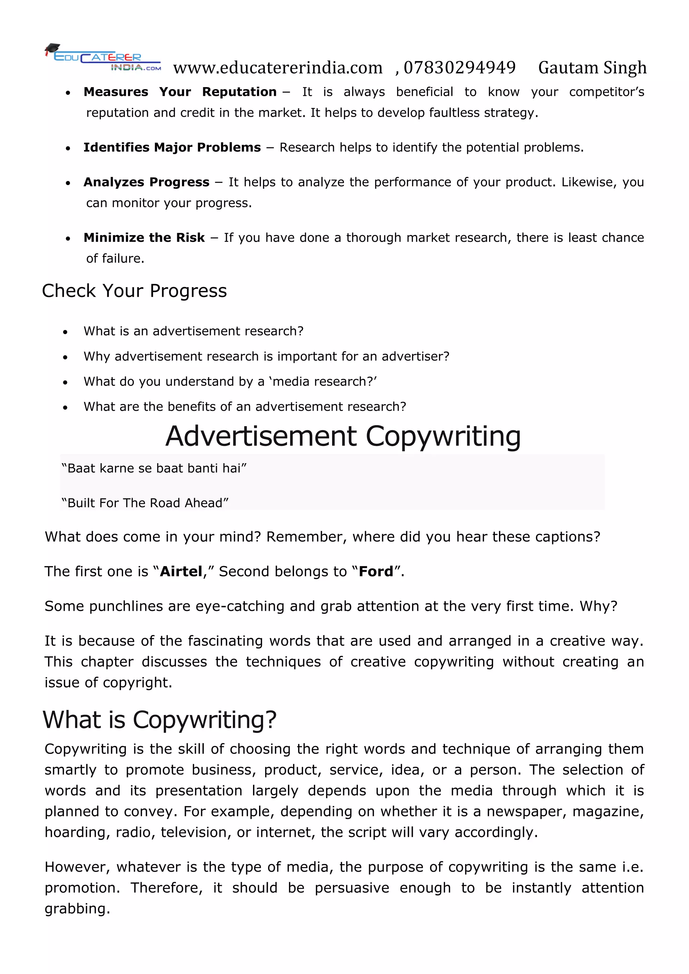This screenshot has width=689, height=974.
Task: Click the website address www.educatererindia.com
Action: (x=278, y=68)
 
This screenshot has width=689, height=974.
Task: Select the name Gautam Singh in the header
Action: (x=592, y=68)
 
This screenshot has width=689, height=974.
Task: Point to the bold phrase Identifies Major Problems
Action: (x=172, y=147)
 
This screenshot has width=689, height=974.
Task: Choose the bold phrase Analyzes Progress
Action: (x=146, y=182)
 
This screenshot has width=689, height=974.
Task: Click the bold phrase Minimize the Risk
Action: (x=144, y=237)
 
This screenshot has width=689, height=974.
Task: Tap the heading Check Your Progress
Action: (x=135, y=291)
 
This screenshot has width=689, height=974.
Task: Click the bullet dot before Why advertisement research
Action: (x=65, y=357)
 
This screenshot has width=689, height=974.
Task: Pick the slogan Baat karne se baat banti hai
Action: (x=154, y=469)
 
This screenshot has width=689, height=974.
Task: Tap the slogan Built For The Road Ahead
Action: (x=145, y=503)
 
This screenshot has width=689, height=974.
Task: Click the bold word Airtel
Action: (x=181, y=571)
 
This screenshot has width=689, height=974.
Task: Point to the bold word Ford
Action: (x=376, y=571)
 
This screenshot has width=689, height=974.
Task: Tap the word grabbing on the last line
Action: (x=77, y=909)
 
